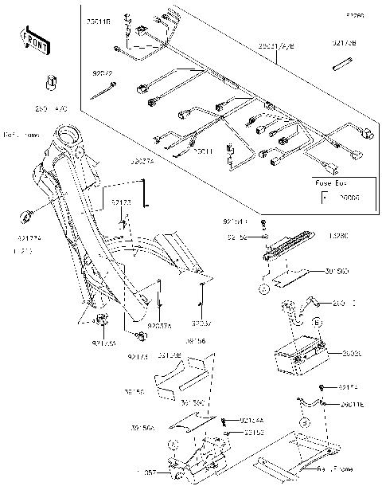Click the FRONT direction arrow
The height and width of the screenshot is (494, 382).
34,41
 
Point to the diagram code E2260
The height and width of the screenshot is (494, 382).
354,15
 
